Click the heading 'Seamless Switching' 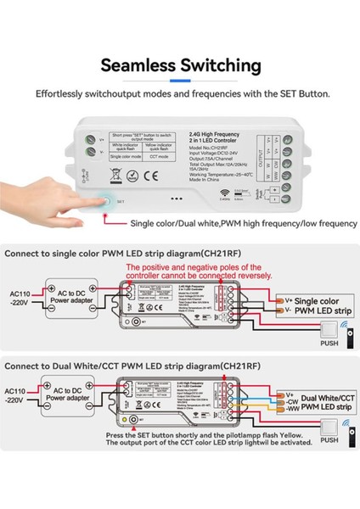coord(180,64)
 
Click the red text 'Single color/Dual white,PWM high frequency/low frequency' coord(231,223)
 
